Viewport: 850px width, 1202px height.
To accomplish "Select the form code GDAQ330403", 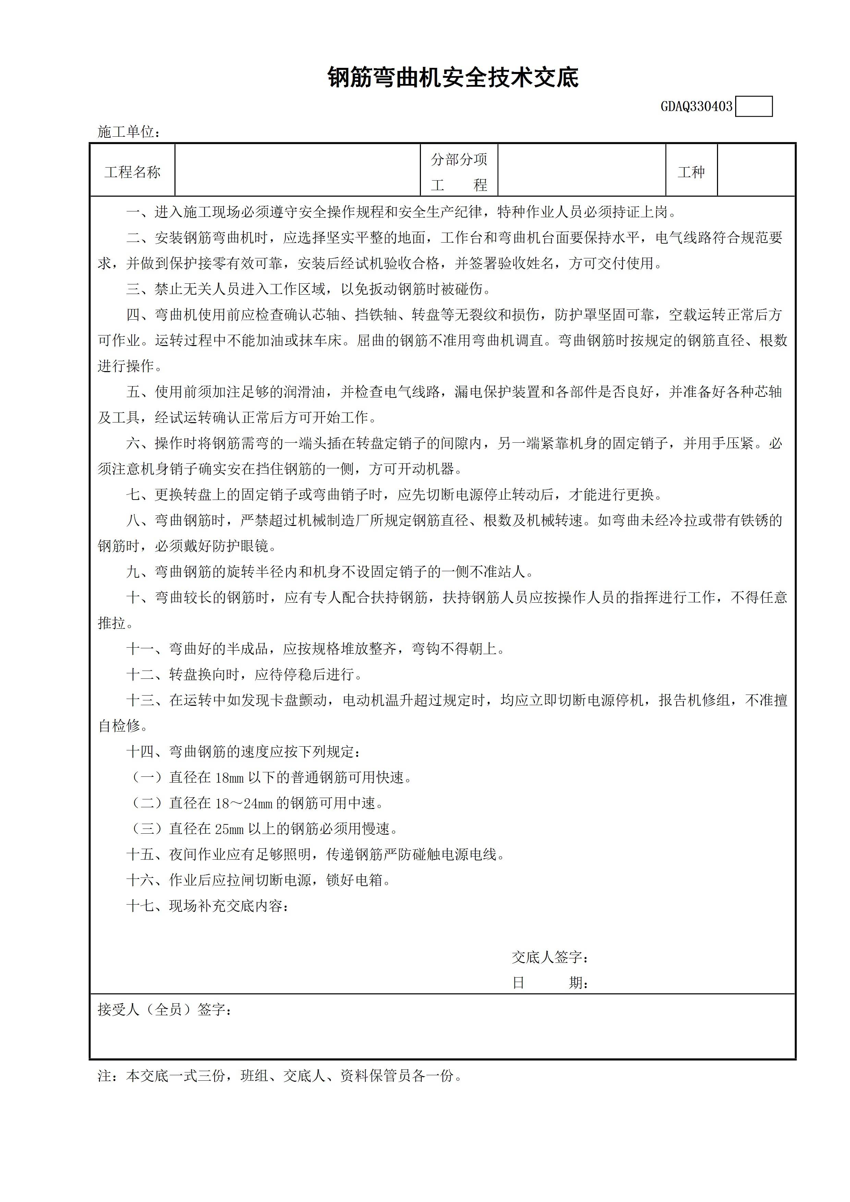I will (x=696, y=107).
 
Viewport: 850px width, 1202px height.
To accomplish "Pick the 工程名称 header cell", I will (x=133, y=172).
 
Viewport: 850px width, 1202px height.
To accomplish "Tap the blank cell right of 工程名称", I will (x=297, y=171).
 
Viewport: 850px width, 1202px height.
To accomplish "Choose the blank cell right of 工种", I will (x=756, y=171).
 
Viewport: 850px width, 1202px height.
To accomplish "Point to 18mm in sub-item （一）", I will (x=229, y=778).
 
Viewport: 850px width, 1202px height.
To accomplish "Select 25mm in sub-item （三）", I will (x=229, y=829).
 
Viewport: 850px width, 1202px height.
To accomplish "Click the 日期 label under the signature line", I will (x=550, y=983).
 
